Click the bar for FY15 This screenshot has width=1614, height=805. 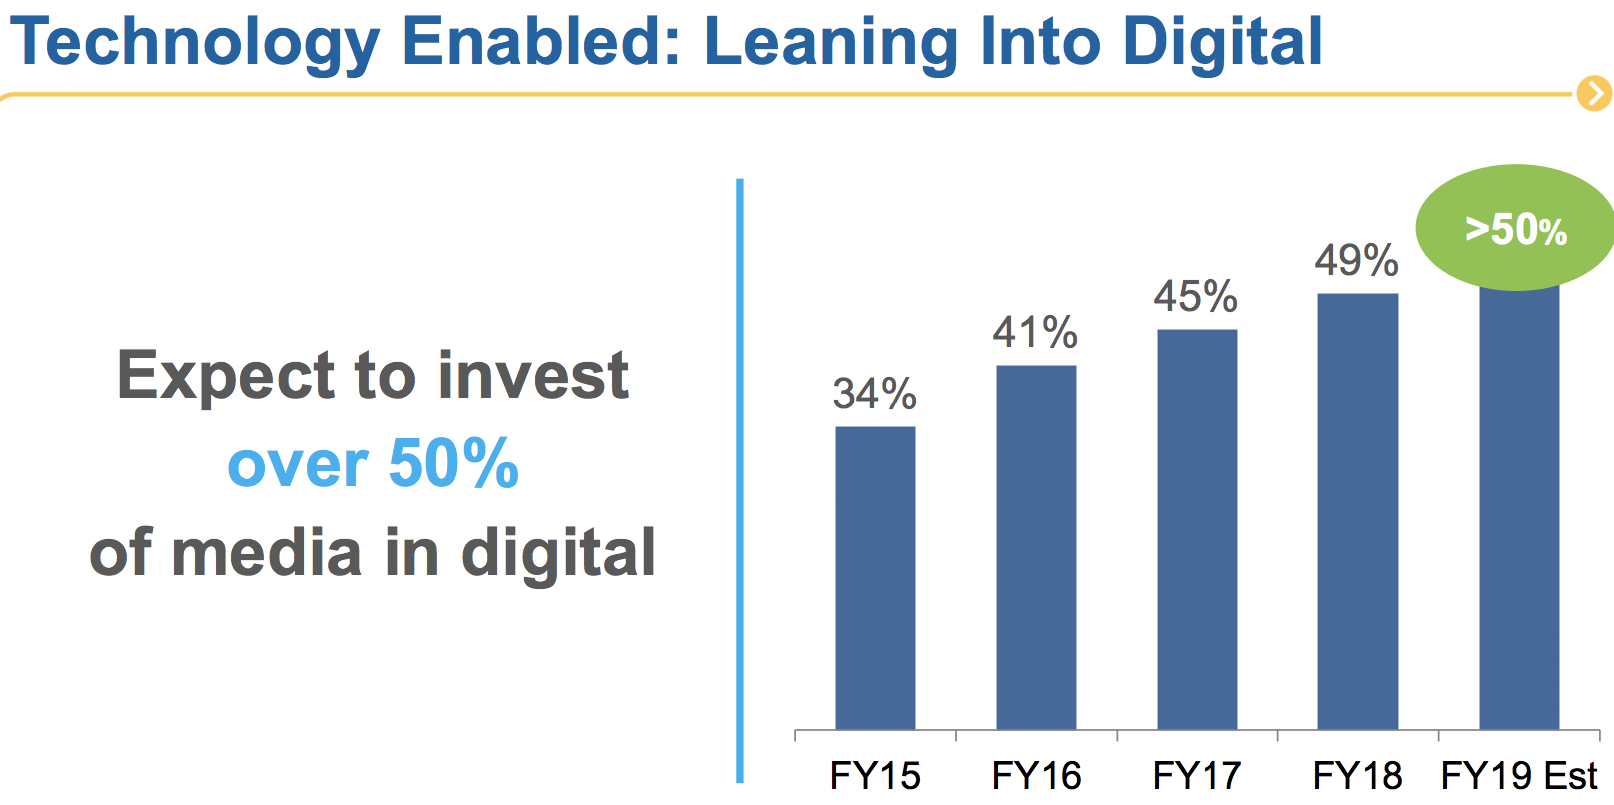pos(876,578)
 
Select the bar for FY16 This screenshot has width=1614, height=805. pos(1036,547)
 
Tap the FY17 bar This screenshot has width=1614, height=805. pos(1198,529)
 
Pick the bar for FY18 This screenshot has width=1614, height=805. pos(1358,511)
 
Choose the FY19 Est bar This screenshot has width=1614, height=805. pos(1519,507)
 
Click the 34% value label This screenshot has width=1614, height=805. pos(875,395)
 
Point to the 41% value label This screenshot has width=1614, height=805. pos(1035,333)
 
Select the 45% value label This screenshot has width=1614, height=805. pos(1197,297)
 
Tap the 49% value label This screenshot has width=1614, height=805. pos(1356,260)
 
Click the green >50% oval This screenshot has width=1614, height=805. pos(1516,227)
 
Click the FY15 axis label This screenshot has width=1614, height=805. pos(875,776)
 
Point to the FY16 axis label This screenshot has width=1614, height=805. pos(1036,776)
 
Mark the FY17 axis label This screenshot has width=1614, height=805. pos(1197,776)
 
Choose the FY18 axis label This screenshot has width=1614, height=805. pos(1357,776)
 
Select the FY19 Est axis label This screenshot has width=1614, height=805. pos(1519,776)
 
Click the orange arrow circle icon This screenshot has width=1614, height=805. pos(1595,94)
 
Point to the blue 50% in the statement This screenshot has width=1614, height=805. pos(453,463)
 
